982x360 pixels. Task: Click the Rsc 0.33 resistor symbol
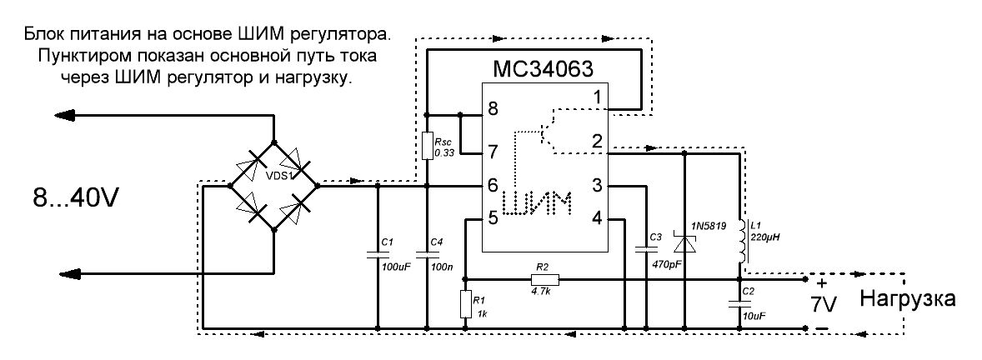tap(427, 147)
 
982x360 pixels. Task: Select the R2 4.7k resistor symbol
tap(544, 279)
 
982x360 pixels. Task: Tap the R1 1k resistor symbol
tap(465, 304)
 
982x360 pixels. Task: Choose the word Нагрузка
tap(908, 298)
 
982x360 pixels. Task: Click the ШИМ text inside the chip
tap(541, 202)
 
